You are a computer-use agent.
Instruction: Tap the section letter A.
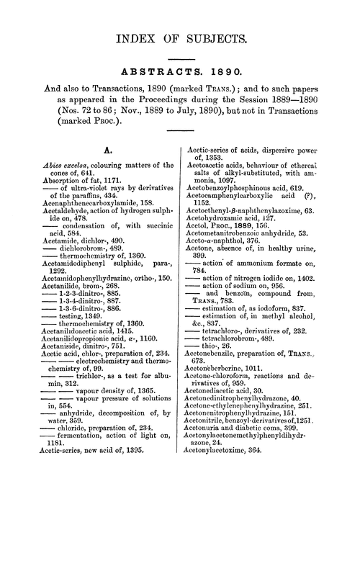click(x=90, y=152)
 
